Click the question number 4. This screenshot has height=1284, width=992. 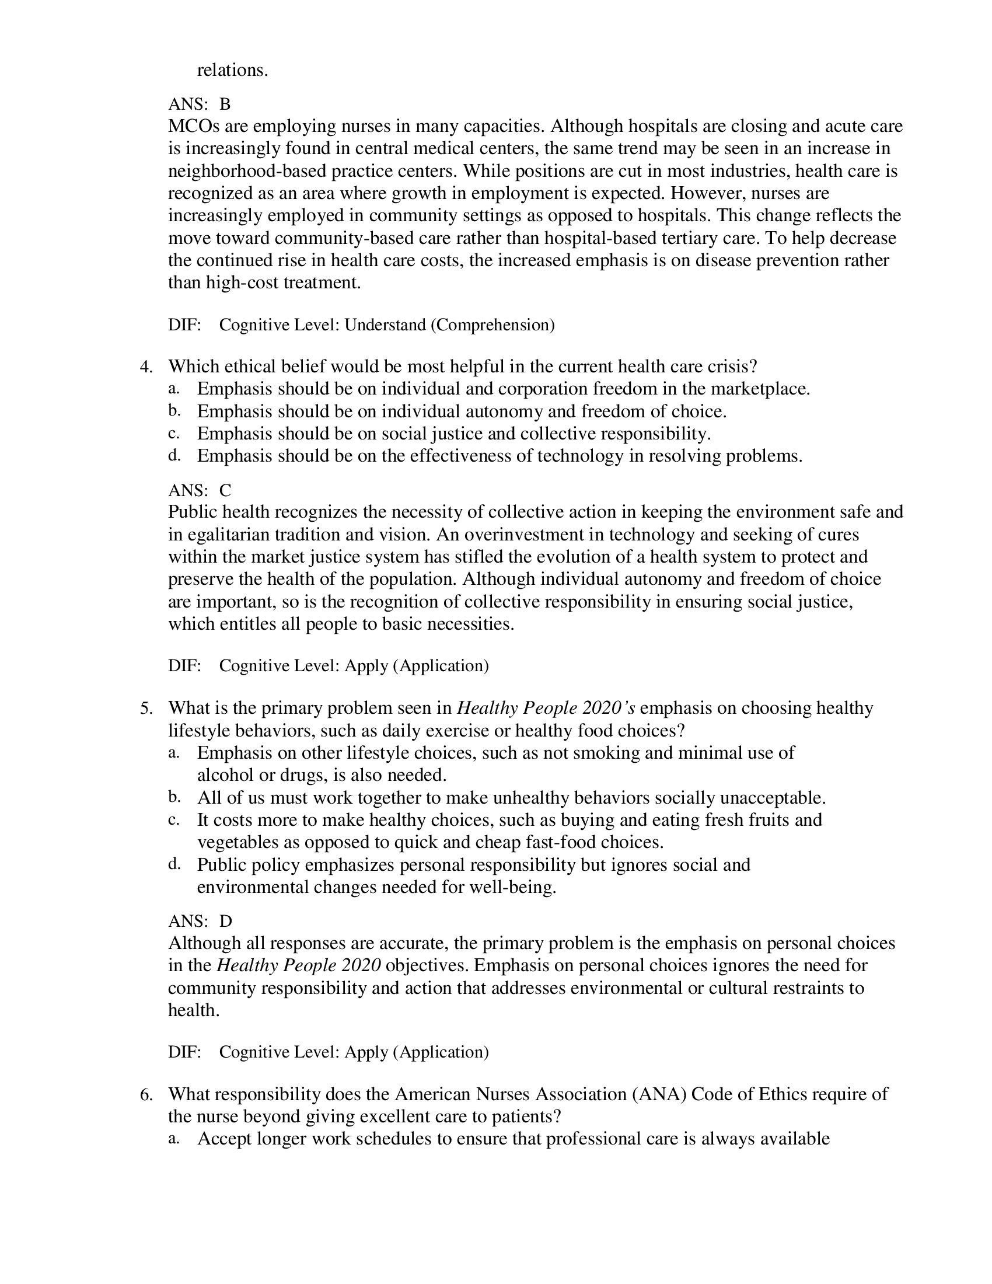[x=146, y=368]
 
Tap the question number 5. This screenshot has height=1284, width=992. [x=146, y=709]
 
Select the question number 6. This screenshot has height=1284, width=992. [x=146, y=1094]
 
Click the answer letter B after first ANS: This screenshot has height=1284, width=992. [x=225, y=104]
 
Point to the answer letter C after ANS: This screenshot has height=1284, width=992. [x=225, y=490]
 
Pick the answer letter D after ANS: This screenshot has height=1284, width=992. [x=226, y=921]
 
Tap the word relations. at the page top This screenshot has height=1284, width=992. [x=232, y=71]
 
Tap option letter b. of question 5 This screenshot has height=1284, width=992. [x=174, y=798]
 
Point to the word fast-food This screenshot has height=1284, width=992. [x=561, y=843]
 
